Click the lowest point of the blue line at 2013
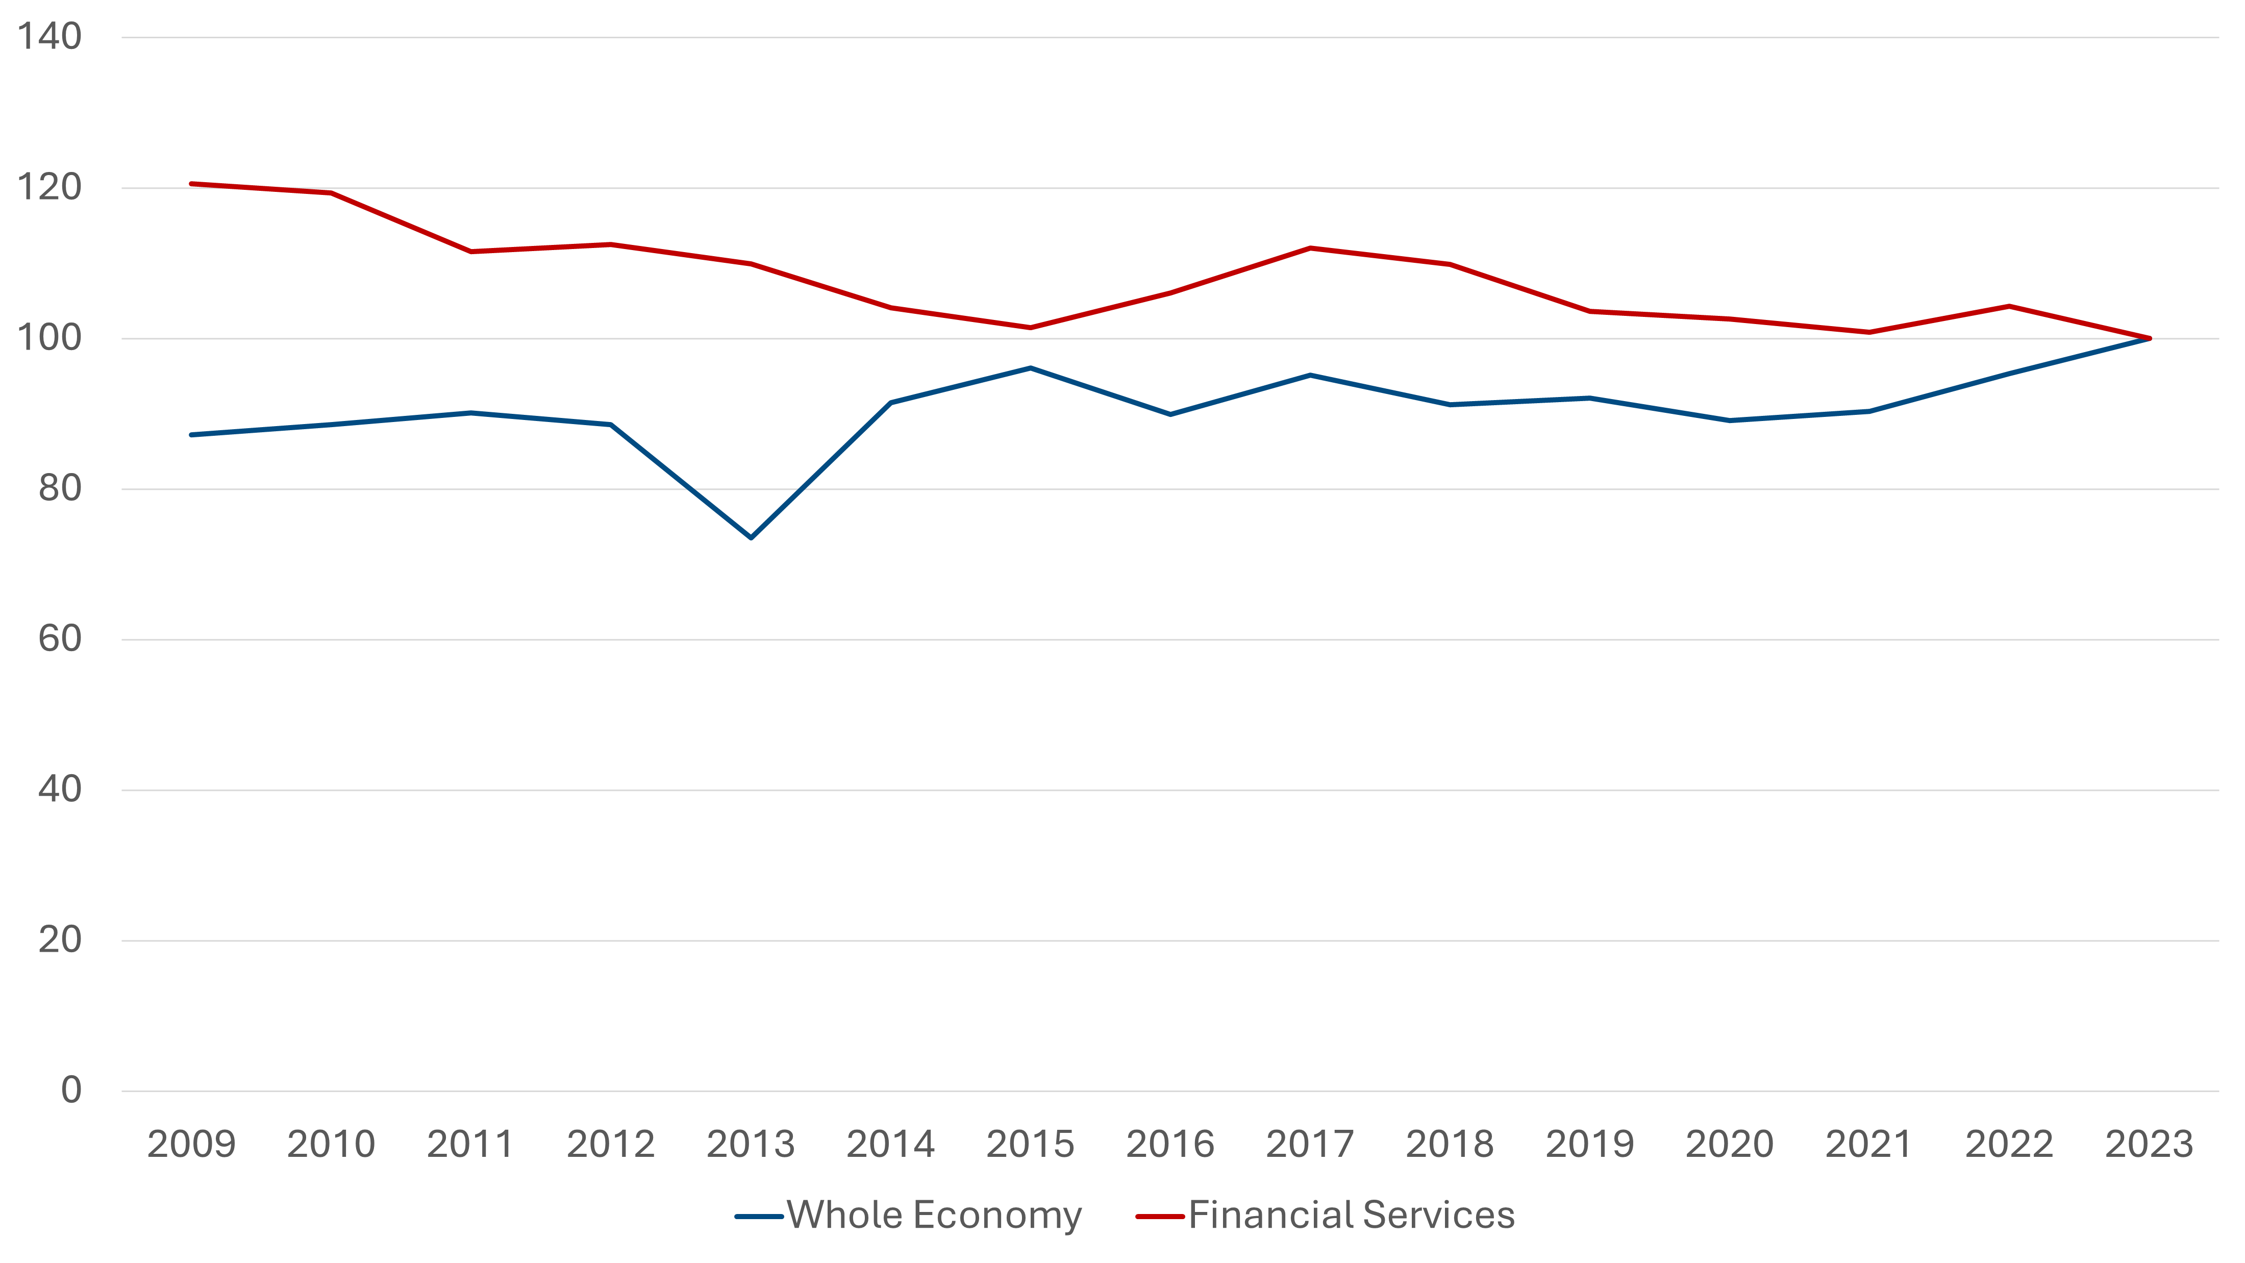coord(751,537)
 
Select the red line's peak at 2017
coord(1310,249)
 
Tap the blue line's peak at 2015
coord(1030,368)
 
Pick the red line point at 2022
coord(2009,306)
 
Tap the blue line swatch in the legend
coord(759,1217)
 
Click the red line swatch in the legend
coord(1160,1217)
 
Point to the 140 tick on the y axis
coord(49,37)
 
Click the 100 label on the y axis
coord(49,338)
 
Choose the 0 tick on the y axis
coord(71,1091)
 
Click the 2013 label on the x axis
coord(751,1144)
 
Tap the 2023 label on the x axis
coord(2148,1144)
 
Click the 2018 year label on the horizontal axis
coord(1450,1144)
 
